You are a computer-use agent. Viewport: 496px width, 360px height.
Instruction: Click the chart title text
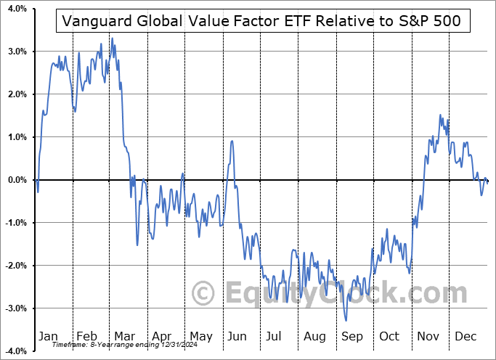[x=261, y=20]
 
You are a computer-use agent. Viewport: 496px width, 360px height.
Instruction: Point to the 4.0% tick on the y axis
[x=16, y=9]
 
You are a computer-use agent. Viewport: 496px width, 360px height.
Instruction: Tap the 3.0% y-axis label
[x=16, y=52]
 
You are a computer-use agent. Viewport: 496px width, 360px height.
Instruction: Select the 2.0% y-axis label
[x=16, y=94]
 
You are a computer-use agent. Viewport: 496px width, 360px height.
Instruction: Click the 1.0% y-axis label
[x=16, y=137]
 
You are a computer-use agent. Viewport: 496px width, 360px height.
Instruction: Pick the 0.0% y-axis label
[x=16, y=180]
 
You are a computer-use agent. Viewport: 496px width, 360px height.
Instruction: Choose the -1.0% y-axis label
[x=15, y=223]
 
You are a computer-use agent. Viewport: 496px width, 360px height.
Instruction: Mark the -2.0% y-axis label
[x=15, y=266]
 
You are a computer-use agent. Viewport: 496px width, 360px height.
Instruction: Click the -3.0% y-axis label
[x=15, y=308]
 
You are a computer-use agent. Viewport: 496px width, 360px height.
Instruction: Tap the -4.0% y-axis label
[x=15, y=351]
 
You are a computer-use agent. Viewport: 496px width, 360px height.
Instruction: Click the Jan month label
[x=48, y=337]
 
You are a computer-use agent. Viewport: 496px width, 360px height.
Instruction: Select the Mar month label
[x=126, y=337]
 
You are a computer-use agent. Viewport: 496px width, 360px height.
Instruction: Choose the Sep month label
[x=352, y=337]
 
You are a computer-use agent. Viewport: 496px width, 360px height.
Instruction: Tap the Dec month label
[x=465, y=337]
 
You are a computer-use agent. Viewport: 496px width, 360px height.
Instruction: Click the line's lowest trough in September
[x=346, y=320]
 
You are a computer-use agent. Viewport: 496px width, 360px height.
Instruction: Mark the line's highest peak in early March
[x=112, y=38]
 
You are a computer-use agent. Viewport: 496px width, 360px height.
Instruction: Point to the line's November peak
[x=439, y=115]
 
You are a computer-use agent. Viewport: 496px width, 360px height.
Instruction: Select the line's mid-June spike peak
[x=231, y=141]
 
